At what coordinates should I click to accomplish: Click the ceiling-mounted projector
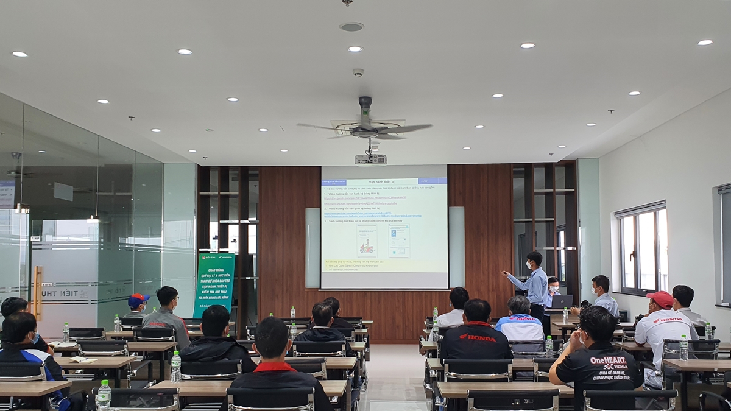(370, 160)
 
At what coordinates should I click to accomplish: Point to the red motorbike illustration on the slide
(367, 247)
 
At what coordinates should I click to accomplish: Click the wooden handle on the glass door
(38, 293)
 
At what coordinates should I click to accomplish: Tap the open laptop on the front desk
(562, 301)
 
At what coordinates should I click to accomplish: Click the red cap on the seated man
(660, 298)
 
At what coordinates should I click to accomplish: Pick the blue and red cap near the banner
(138, 300)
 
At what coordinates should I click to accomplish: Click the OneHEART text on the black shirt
(608, 360)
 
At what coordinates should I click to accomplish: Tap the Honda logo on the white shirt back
(668, 320)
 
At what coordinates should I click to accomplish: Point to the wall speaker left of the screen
(313, 247)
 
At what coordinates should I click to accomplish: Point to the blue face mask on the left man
(35, 338)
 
